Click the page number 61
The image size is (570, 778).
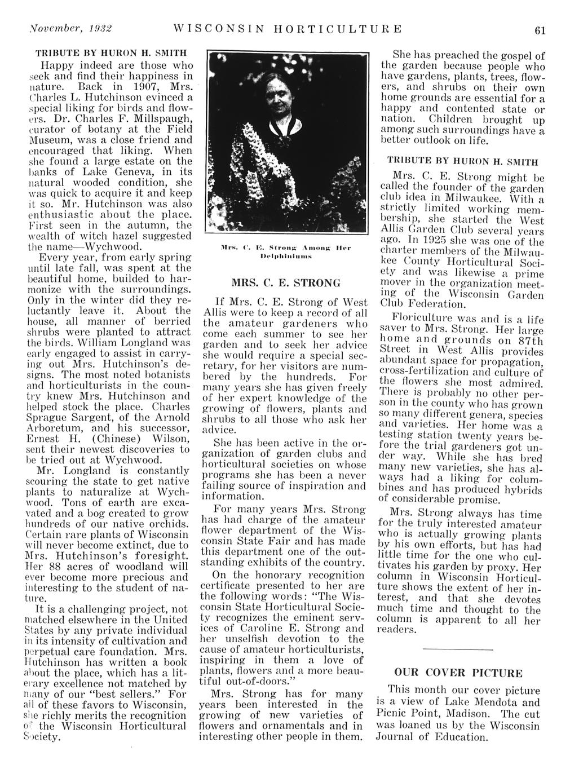point(540,30)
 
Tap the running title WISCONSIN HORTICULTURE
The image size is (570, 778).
point(288,29)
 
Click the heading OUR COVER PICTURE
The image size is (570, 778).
point(457,673)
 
